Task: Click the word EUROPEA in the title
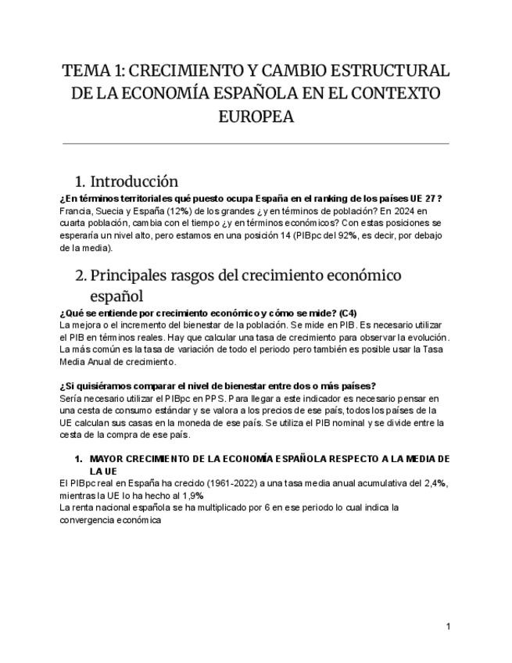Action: (x=256, y=117)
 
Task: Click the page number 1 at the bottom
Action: (x=448, y=626)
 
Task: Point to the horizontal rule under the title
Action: (x=256, y=143)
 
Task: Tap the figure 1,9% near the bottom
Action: (x=191, y=495)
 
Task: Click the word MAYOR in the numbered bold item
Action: (x=109, y=458)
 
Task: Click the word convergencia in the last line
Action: (x=88, y=520)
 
